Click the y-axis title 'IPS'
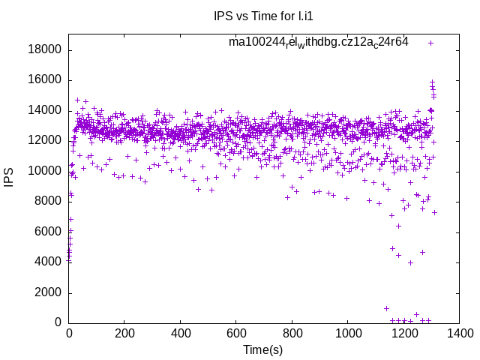[9, 178]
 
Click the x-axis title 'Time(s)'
[263, 350]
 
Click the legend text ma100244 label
[319, 42]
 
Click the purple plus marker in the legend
[430, 43]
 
